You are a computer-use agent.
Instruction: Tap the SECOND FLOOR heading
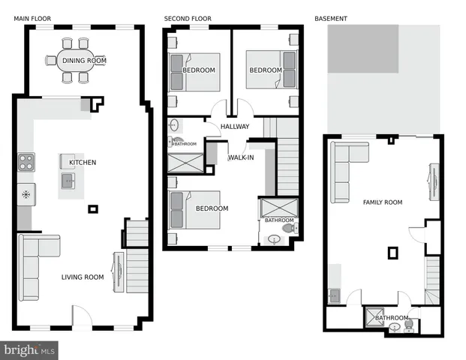click(x=188, y=18)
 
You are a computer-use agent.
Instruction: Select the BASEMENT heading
click(x=330, y=18)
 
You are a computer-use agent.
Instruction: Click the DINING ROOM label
click(x=84, y=61)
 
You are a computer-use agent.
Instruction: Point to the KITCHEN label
click(x=83, y=163)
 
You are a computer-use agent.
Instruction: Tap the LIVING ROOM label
click(x=83, y=277)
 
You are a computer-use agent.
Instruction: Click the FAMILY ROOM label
click(x=383, y=202)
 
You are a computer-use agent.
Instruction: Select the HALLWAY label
click(x=235, y=127)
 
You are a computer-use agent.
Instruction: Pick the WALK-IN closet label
click(x=241, y=157)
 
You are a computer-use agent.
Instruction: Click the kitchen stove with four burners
click(x=26, y=162)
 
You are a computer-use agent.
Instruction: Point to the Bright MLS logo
click(x=30, y=349)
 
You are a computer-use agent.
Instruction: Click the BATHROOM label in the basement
click(x=391, y=318)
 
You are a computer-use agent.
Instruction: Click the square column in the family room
click(x=392, y=253)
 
